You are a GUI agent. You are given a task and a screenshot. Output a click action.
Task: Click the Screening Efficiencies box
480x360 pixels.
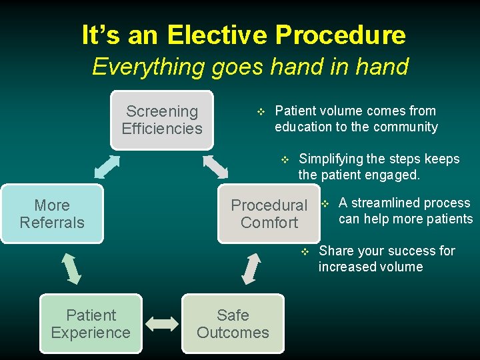click(x=162, y=120)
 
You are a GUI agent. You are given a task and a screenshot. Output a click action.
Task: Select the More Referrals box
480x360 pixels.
click(x=52, y=214)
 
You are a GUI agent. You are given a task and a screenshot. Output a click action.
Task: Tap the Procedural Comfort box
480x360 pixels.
click(x=269, y=214)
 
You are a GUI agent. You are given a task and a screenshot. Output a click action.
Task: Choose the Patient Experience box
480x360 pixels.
click(x=91, y=324)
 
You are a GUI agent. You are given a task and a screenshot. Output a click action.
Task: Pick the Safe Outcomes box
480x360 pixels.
click(x=233, y=324)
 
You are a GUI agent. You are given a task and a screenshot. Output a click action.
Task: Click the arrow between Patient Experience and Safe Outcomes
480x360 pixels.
click(x=162, y=324)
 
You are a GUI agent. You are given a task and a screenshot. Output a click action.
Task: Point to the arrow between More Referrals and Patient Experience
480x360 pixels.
click(x=71, y=268)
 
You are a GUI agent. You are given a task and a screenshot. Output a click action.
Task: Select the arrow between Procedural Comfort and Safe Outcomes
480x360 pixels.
click(x=251, y=269)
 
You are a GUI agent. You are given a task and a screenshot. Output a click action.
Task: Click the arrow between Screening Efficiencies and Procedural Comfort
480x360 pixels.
click(x=215, y=167)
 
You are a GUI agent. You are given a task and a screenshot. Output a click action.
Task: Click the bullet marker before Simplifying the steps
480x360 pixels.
click(x=285, y=159)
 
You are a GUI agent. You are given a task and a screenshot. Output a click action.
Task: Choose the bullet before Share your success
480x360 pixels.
click(x=305, y=251)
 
